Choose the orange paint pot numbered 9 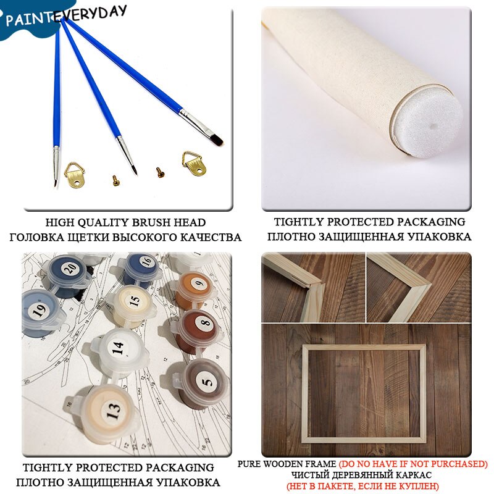pyautogui.click(x=195, y=289)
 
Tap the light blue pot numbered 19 pyautogui.click(x=40, y=314)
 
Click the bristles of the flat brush pyautogui.click(x=217, y=140)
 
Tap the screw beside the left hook pyautogui.click(x=116, y=180)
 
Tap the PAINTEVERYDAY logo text pyautogui.click(x=66, y=16)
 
